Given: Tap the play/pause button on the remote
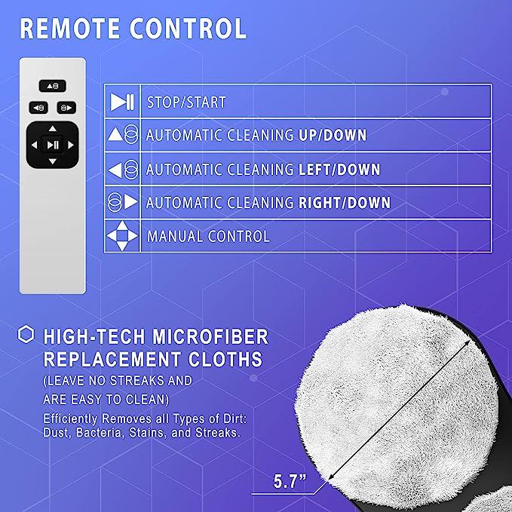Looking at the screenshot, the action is (x=53, y=145).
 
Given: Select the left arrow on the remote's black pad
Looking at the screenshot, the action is (x=34, y=145).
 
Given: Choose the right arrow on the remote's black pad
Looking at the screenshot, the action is (x=71, y=145).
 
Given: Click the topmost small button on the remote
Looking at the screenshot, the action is (x=53, y=86).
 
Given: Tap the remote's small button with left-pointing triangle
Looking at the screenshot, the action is (x=38, y=107).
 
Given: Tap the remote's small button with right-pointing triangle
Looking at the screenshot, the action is (x=66, y=107).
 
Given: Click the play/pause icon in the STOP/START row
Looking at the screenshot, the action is (x=122, y=102).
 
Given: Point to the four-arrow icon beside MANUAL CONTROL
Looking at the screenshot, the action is (x=122, y=236).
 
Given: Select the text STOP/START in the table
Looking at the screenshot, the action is (x=186, y=103).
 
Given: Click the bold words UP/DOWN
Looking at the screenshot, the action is (x=333, y=135).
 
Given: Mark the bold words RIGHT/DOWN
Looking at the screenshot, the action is (x=345, y=202).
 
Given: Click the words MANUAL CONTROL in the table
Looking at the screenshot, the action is (x=208, y=236).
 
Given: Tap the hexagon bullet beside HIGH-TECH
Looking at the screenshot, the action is (x=26, y=334).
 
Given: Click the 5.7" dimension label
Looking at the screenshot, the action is (x=290, y=481).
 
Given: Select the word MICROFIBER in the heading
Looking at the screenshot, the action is (x=210, y=336).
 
